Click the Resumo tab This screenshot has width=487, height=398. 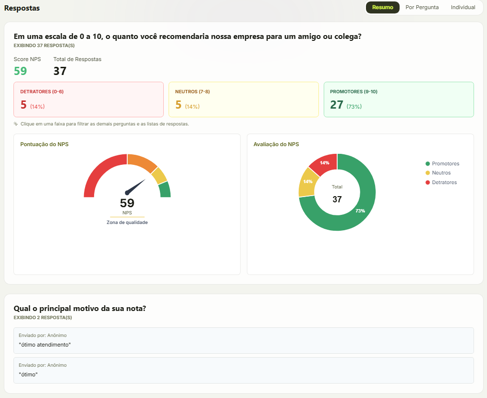pos(383,8)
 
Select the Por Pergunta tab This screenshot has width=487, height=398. pos(422,8)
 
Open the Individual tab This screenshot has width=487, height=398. pos(463,8)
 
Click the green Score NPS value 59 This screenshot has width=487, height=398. pos(21,71)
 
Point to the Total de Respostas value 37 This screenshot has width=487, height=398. pos(60,71)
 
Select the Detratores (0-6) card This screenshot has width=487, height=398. pos(88,99)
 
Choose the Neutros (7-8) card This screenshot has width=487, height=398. pos(243,99)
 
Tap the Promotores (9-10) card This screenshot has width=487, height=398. pos(399,99)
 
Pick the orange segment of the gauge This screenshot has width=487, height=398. pos(142,162)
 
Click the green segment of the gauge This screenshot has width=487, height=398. pos(165,190)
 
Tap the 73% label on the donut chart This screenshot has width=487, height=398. pos(360,211)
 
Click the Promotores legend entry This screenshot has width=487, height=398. pos(442,163)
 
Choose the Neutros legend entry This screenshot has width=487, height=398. pos(438,173)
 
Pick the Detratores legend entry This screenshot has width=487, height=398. pos(441,182)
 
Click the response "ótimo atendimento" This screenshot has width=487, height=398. pos(45,345)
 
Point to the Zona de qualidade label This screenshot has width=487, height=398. pos(127,223)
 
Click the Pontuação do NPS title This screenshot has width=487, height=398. pos(44,144)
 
